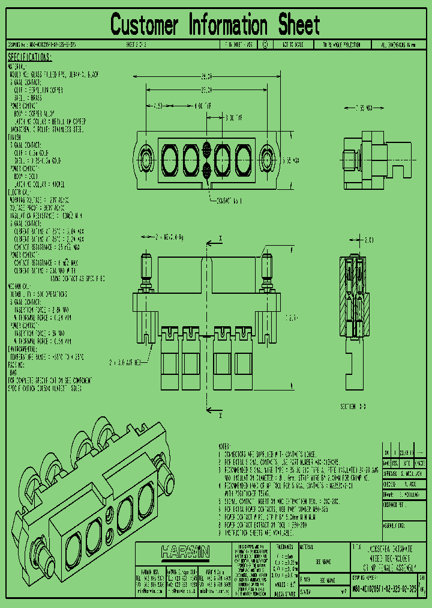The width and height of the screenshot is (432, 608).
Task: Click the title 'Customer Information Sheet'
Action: click(215, 25)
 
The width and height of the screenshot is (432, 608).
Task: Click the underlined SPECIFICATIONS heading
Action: click(29, 58)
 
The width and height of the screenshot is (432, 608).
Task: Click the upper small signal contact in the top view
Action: click(206, 149)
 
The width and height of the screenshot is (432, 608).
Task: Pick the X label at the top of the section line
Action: click(220, 239)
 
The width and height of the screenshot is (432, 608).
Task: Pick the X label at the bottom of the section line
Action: click(220, 415)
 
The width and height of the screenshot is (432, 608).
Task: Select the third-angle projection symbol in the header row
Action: click(265, 44)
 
